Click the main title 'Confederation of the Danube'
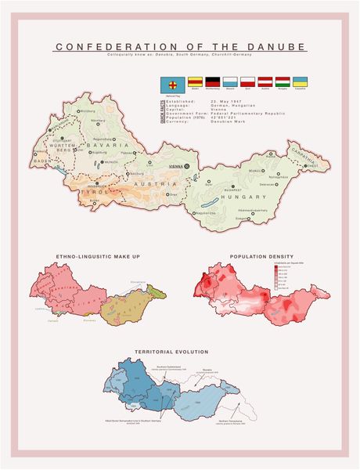pos(180,48)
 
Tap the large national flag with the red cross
pos(171,82)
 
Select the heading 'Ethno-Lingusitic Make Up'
pos(98,256)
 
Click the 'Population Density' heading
pos(261,256)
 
